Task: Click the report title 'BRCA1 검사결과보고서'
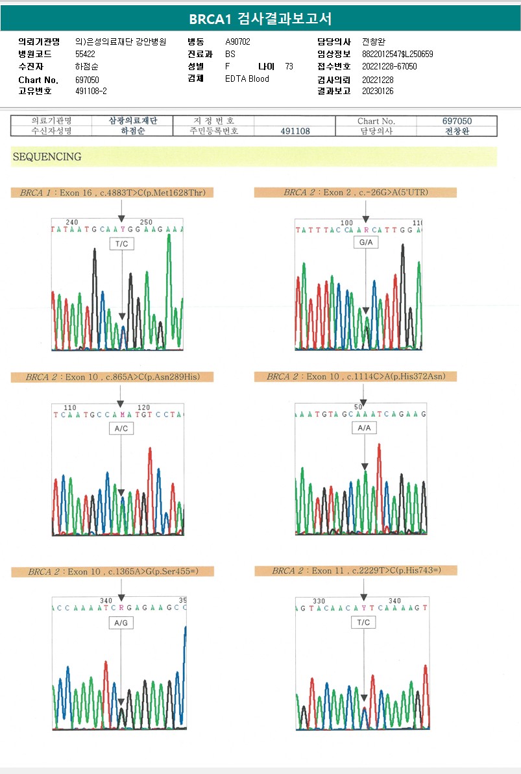pyautogui.click(x=260, y=19)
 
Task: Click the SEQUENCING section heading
pyautogui.click(x=47, y=156)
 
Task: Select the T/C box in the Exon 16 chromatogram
pyautogui.click(x=122, y=243)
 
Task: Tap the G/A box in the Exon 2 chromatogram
pyautogui.click(x=365, y=242)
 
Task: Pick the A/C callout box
pyautogui.click(x=121, y=429)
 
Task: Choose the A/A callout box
pyautogui.click(x=365, y=428)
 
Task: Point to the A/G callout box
pyautogui.click(x=121, y=623)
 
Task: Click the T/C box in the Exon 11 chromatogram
pyautogui.click(x=364, y=622)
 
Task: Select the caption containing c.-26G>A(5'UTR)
pyautogui.click(x=356, y=193)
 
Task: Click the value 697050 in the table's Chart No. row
pyautogui.click(x=457, y=121)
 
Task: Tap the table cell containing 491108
pyautogui.click(x=295, y=131)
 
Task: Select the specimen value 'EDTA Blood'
pyautogui.click(x=247, y=79)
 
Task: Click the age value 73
pyautogui.click(x=289, y=67)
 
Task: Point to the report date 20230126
pyautogui.click(x=378, y=91)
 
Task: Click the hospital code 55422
pyautogui.click(x=85, y=54)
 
